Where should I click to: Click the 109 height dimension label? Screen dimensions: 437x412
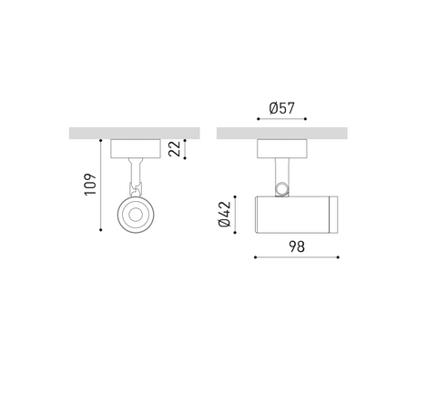(90, 185)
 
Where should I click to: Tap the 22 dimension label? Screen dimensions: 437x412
(174, 149)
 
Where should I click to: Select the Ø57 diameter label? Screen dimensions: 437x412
(282, 108)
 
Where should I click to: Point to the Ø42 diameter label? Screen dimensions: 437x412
(225, 214)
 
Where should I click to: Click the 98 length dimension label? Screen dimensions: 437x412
(297, 246)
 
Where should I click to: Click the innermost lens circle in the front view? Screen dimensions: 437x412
(136, 215)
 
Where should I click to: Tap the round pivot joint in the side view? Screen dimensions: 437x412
(282, 189)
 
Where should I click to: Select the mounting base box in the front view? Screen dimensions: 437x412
(136, 148)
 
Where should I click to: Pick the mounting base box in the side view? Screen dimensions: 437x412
(282, 148)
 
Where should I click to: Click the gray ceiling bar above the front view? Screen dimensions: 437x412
(135, 133)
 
